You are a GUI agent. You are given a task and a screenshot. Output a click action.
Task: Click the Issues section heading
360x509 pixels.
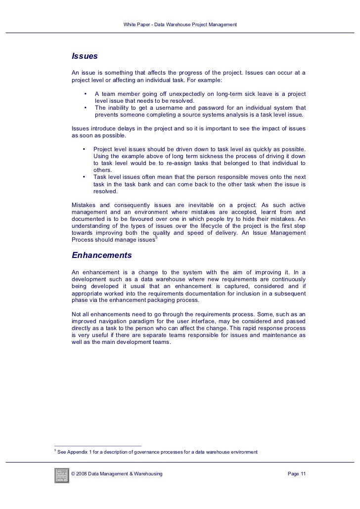point(85,56)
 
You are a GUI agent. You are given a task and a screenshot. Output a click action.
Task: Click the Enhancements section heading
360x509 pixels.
point(102,255)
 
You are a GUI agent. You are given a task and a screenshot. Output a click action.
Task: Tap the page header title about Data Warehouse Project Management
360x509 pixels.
point(180,24)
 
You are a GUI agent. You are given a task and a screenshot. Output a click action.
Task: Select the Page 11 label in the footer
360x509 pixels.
point(297,474)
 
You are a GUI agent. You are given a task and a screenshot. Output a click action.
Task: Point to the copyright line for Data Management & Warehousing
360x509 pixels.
point(117,474)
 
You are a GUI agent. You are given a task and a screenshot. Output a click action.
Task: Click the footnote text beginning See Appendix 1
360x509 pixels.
point(157,452)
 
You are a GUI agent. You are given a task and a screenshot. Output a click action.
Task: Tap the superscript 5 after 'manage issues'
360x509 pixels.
point(156,239)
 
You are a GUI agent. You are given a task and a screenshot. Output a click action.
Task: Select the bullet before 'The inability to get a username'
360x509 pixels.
point(85,108)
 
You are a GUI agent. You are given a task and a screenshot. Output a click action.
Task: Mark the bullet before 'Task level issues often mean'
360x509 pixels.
point(84,177)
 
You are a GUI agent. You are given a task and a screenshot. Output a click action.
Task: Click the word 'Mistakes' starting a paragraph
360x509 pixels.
point(84,205)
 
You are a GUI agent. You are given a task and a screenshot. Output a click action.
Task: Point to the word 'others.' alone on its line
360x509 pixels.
point(102,170)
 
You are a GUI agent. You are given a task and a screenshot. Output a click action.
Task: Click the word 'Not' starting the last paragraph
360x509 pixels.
point(77,314)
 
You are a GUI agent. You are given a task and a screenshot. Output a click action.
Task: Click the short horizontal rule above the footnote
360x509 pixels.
point(97,445)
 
